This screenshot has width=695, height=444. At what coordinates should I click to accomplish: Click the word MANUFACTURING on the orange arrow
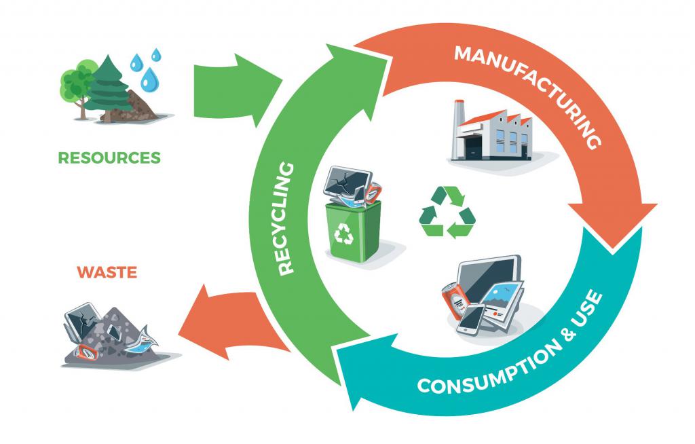(x=533, y=88)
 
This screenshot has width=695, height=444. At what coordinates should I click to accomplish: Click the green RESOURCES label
(x=109, y=158)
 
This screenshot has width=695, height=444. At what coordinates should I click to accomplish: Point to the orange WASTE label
(x=107, y=273)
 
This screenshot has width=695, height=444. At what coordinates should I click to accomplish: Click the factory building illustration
(x=492, y=132)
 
